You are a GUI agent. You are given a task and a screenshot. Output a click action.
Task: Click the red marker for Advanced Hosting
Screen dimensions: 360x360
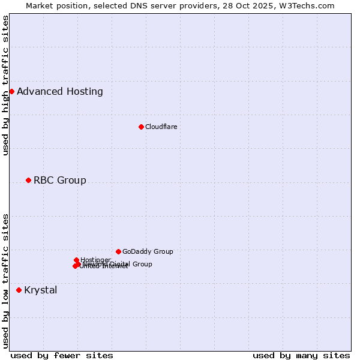tap(11, 91)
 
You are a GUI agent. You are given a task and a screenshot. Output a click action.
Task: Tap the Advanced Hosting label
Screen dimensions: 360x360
tap(60, 92)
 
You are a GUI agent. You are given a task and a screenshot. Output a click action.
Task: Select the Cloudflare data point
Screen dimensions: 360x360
tap(141, 127)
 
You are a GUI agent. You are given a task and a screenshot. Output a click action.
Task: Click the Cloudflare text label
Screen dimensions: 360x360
tap(161, 127)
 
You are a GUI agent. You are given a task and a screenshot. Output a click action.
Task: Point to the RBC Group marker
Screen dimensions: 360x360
tap(28, 180)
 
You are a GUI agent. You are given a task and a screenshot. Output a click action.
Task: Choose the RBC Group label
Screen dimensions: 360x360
tap(60, 181)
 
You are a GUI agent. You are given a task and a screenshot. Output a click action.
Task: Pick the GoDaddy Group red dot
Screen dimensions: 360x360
tap(118, 251)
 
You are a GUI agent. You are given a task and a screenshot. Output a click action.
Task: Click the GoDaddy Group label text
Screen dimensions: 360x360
tap(148, 251)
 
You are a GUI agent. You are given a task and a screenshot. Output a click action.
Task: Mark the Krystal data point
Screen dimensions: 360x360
tap(19, 290)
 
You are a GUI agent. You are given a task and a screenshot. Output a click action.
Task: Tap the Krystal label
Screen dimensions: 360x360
tap(41, 290)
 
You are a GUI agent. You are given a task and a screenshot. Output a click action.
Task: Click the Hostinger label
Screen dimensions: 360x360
tap(96, 259)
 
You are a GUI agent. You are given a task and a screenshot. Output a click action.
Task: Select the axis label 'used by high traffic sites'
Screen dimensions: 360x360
tap(5, 85)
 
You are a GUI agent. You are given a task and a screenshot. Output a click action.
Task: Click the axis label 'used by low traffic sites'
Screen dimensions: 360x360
tap(5, 281)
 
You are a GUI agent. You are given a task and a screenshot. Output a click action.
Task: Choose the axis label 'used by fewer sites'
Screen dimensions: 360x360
tap(62, 355)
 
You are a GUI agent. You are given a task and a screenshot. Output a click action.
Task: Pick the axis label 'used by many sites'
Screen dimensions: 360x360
tap(301, 355)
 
